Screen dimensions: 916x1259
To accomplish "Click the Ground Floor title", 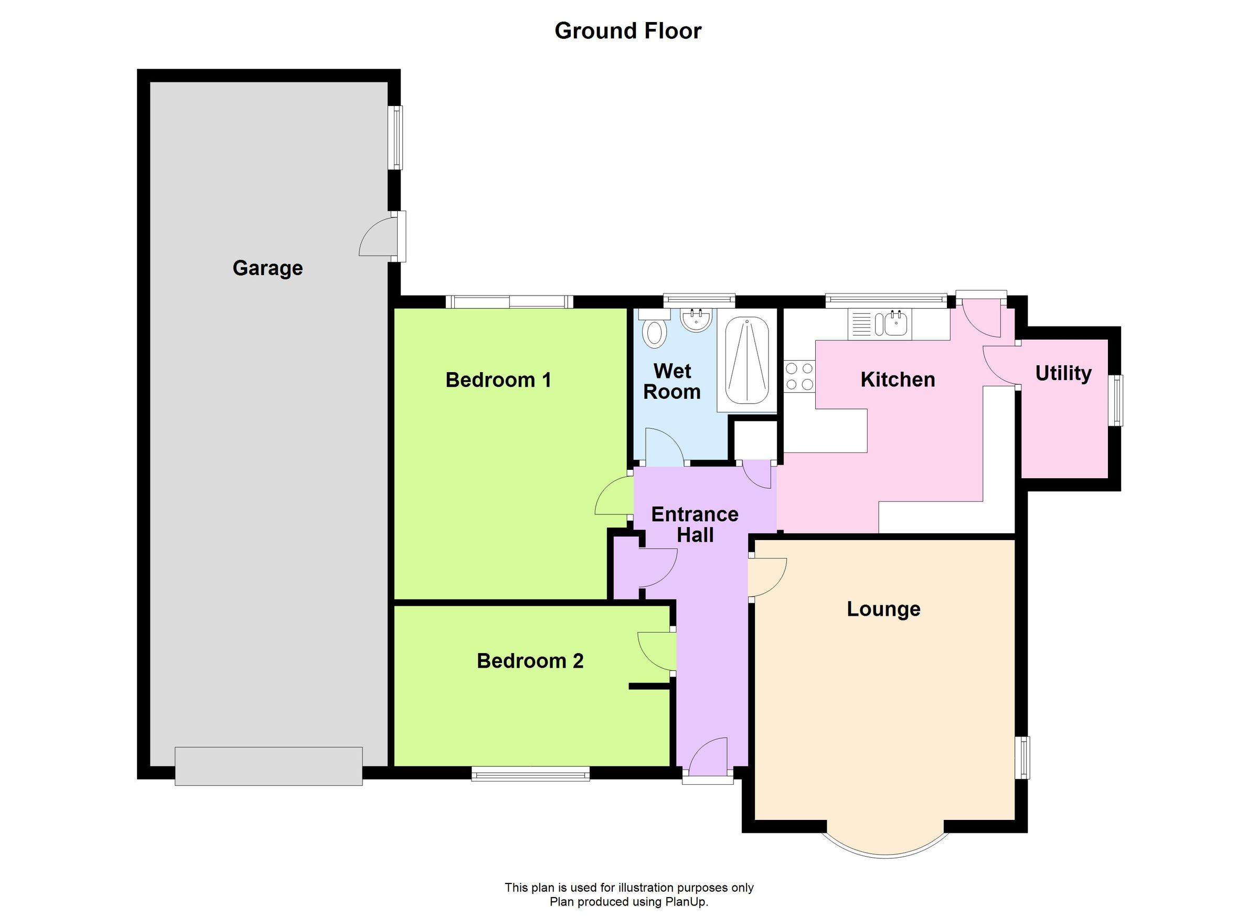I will pos(628,31).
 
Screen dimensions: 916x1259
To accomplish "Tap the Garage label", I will pos(268,268).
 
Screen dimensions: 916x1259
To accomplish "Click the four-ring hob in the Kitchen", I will pos(799,376).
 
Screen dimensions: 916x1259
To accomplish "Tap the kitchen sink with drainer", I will pos(879,324).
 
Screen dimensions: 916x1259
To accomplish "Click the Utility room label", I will pos(1063,373).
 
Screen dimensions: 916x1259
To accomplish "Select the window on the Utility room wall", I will pos(1115,400).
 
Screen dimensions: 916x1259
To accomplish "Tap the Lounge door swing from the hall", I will pos(767,578).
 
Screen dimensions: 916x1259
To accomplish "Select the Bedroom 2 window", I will pos(530,773).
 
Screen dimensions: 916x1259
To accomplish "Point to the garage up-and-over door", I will pos(269,765).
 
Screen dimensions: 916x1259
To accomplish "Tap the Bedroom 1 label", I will pos(498,380).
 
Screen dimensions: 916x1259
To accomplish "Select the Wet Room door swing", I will pos(665,447).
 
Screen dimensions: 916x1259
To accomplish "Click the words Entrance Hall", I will pos(695,524).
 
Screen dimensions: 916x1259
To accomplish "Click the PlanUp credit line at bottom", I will pos(628,901).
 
